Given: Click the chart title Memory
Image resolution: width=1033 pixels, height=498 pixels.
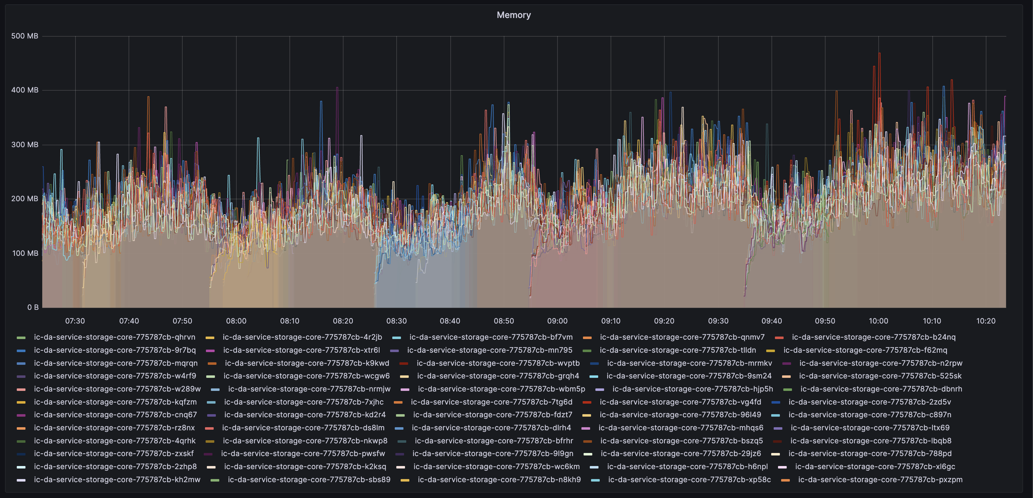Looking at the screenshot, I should click(x=513, y=15).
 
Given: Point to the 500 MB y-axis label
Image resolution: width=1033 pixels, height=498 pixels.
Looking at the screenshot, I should click(x=25, y=36).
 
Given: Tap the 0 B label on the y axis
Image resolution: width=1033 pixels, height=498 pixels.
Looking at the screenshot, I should click(x=33, y=307).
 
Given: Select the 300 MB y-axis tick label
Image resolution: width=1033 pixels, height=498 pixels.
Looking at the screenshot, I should click(x=25, y=144).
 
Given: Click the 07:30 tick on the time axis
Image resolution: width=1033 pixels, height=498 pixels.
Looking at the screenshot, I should click(x=75, y=321).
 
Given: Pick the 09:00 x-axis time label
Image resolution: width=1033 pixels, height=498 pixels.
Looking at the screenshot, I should click(x=557, y=321).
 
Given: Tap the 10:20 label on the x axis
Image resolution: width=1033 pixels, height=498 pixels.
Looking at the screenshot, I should click(x=985, y=321).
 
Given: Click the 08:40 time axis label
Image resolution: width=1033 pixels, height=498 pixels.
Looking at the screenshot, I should click(x=450, y=321).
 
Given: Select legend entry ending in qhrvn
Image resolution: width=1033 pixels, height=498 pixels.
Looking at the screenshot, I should click(x=114, y=337).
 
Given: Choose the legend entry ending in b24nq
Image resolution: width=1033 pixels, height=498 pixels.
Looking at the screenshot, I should click(x=873, y=337).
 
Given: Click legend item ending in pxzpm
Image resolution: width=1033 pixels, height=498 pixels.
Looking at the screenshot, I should click(x=880, y=480).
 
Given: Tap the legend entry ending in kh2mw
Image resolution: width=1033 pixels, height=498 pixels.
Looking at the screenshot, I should click(x=117, y=480).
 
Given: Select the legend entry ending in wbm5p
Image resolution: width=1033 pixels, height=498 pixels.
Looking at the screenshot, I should click(x=501, y=389).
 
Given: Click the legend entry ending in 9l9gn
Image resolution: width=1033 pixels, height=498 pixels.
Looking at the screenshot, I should click(x=493, y=454).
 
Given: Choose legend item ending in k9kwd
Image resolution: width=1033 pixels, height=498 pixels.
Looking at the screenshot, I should click(x=307, y=363).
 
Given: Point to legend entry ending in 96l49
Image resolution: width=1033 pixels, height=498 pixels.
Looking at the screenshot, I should click(x=680, y=414).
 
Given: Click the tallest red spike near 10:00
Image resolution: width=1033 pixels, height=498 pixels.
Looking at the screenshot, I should click(x=879, y=53).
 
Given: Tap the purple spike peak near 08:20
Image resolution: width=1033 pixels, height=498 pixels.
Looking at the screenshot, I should click(x=337, y=88).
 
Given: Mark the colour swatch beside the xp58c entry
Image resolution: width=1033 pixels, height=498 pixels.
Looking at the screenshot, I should click(x=595, y=480).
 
